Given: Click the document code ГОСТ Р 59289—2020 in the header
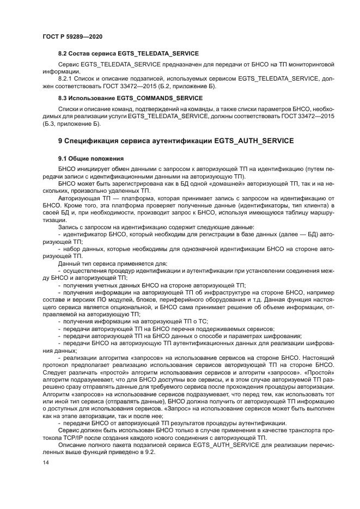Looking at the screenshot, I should pyautogui.click(x=72, y=36).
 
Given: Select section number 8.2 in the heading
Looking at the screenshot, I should pyautogui.click(x=64, y=53).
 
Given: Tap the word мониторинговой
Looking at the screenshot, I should pyautogui.click(x=309, y=64).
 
